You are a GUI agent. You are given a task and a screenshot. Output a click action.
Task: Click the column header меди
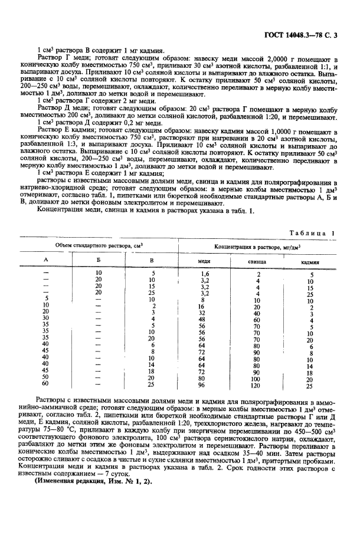click(203, 261)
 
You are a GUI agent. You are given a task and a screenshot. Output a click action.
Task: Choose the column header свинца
click(256, 261)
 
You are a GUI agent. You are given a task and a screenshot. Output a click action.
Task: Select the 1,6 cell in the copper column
click(205, 274)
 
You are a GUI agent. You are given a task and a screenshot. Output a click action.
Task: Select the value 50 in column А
click(46, 378)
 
